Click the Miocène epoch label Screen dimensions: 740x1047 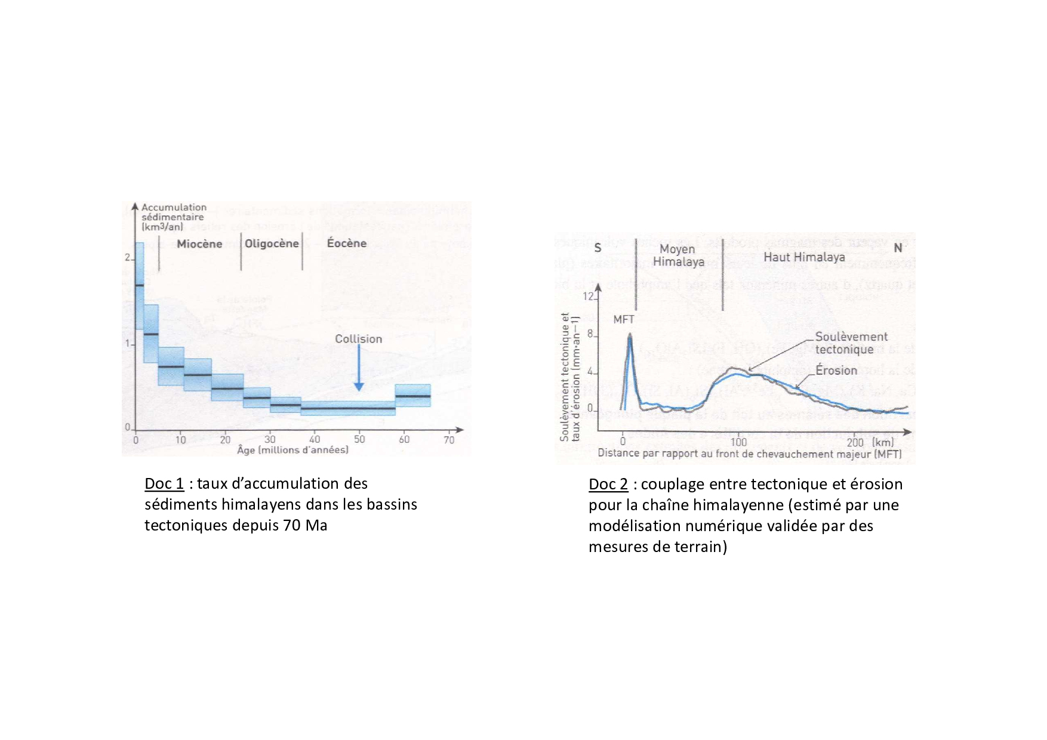199,243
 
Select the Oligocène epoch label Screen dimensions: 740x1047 272,243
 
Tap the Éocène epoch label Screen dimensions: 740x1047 347,243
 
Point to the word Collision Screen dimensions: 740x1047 358,339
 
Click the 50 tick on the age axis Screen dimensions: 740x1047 359,439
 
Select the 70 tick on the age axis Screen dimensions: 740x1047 449,440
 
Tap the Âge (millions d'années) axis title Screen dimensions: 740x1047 292,450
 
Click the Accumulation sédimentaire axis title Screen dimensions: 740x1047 174,217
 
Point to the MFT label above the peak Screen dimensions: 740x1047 624,319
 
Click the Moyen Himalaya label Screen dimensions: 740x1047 678,255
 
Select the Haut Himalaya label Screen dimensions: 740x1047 804,257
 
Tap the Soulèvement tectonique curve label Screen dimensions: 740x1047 851,343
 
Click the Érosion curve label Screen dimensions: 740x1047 836,371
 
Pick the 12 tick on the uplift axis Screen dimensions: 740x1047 589,297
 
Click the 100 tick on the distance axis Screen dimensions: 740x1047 738,442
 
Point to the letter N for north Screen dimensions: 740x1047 898,248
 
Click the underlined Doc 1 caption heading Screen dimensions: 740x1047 164,483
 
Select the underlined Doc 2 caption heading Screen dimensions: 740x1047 608,484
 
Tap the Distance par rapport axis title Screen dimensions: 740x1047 749,454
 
